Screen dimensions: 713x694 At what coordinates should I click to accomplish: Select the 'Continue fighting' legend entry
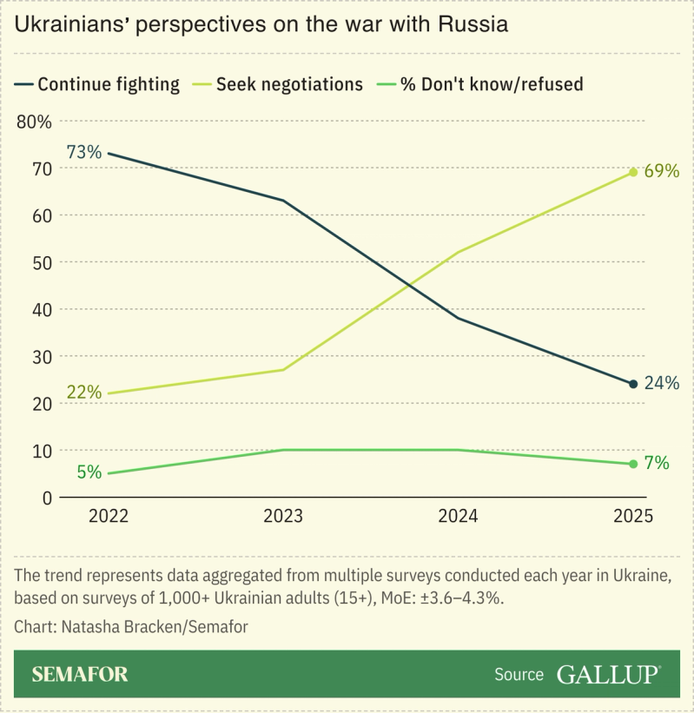(x=97, y=84)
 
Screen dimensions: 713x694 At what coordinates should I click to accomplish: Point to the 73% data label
(x=83, y=152)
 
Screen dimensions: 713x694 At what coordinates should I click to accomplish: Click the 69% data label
(x=661, y=171)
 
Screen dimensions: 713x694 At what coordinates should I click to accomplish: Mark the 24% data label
(x=661, y=383)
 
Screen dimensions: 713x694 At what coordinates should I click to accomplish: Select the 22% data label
(x=83, y=392)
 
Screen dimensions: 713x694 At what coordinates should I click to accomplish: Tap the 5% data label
(x=89, y=472)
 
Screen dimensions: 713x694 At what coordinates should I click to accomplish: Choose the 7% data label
(x=657, y=463)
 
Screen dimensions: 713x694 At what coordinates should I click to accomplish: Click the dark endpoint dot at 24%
(x=633, y=384)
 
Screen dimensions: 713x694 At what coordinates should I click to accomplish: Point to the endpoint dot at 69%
(x=633, y=172)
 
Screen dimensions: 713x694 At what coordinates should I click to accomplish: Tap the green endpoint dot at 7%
(x=633, y=464)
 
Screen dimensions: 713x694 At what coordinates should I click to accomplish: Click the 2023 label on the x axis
(x=283, y=516)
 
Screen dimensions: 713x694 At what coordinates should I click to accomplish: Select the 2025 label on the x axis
(x=632, y=516)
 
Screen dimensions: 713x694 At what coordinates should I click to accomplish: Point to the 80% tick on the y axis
(x=35, y=121)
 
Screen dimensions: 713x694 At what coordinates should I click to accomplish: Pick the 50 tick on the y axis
(x=42, y=262)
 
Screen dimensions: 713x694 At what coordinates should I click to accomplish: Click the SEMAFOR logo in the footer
(x=80, y=674)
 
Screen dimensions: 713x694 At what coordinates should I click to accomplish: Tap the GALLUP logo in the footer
(x=608, y=674)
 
